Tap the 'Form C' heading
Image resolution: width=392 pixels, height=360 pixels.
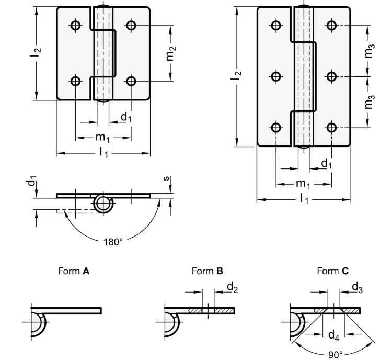point(332,271)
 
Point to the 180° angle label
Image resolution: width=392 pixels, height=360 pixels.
point(113,242)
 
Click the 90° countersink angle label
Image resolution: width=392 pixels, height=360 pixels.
point(334,354)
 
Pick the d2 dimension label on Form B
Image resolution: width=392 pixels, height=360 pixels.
point(232,287)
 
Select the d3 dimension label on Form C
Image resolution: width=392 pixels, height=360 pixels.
point(358,287)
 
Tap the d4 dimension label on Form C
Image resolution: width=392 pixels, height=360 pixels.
point(333,334)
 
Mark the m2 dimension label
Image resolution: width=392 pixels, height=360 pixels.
point(171,53)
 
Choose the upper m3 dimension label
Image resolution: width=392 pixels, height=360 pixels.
point(370,51)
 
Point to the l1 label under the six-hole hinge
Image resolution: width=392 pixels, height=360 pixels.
point(304,200)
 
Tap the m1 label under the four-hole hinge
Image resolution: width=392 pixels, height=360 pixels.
point(102,138)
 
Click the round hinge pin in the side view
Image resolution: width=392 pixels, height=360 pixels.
point(102,204)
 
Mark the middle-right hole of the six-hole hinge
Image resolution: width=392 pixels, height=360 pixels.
point(331,76)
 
